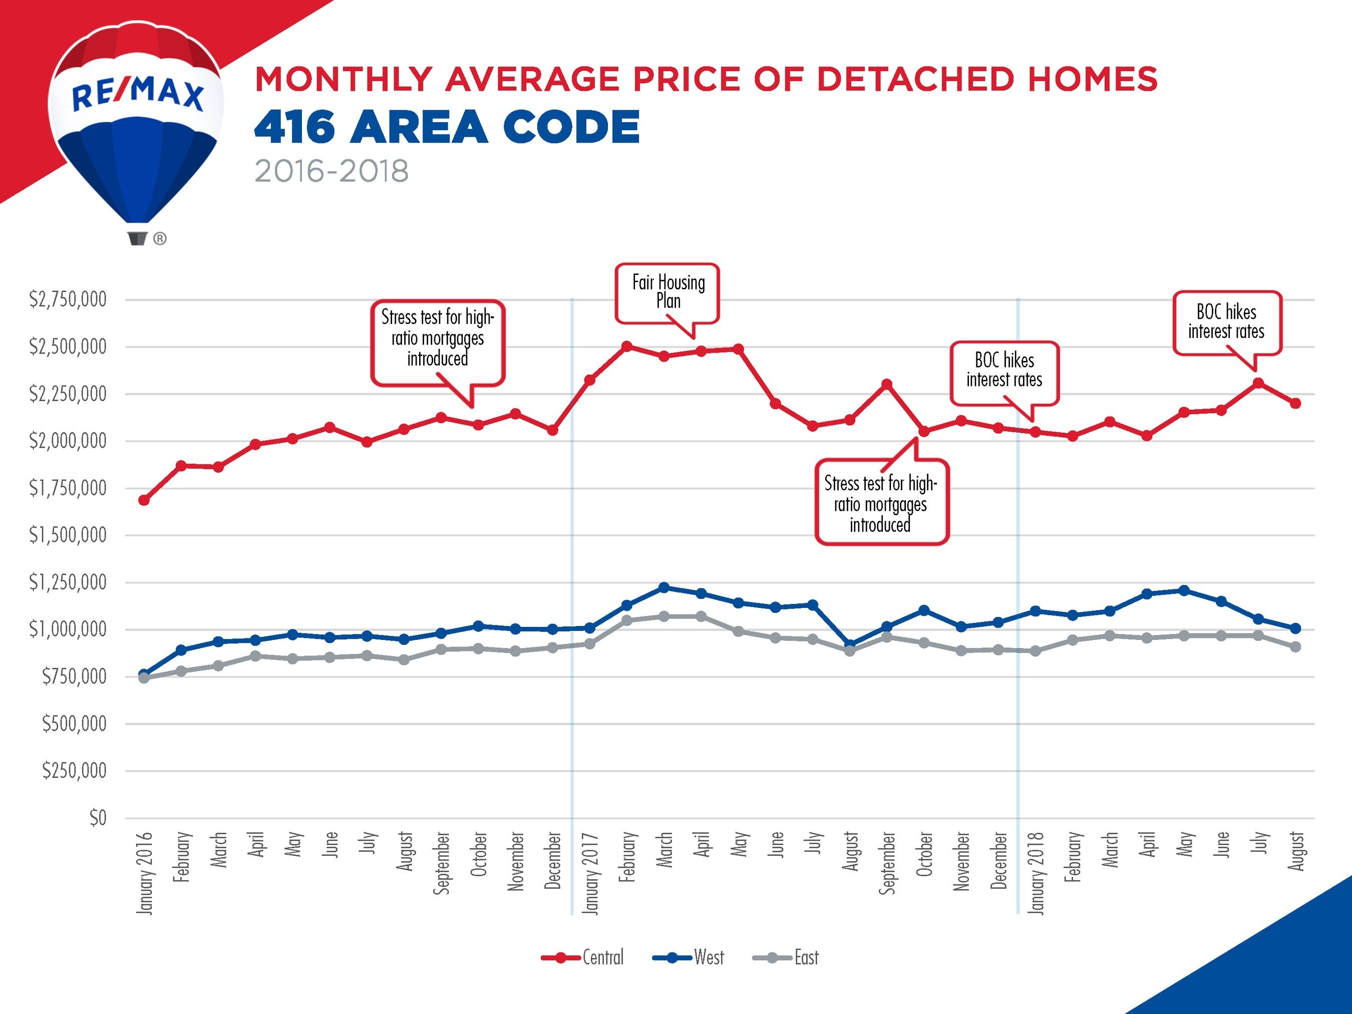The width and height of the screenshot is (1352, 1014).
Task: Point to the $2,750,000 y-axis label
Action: [x=68, y=299]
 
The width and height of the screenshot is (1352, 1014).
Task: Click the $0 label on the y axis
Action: [x=98, y=818]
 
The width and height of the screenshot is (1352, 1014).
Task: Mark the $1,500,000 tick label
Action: [x=68, y=535]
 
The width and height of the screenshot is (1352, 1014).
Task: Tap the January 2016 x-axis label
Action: [x=144, y=873]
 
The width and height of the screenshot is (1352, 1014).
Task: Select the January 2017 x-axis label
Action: [x=590, y=873]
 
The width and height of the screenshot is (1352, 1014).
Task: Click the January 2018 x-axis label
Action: [x=1036, y=873]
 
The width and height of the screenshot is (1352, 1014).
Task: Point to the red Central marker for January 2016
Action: [x=144, y=500]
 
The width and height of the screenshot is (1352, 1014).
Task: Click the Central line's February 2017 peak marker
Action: [x=626, y=347]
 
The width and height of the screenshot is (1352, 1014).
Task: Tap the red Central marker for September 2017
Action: [x=887, y=385]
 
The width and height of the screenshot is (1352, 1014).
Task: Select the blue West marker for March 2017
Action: [x=664, y=587]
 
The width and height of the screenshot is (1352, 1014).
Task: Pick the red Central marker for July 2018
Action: [x=1258, y=383]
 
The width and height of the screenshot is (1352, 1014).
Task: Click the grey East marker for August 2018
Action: [x=1295, y=646]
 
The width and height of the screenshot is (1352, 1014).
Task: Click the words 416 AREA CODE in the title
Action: [x=447, y=127]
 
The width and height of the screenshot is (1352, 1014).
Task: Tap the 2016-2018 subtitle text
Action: [x=331, y=171]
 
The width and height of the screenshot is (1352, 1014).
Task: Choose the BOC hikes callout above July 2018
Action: [x=1226, y=322]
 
